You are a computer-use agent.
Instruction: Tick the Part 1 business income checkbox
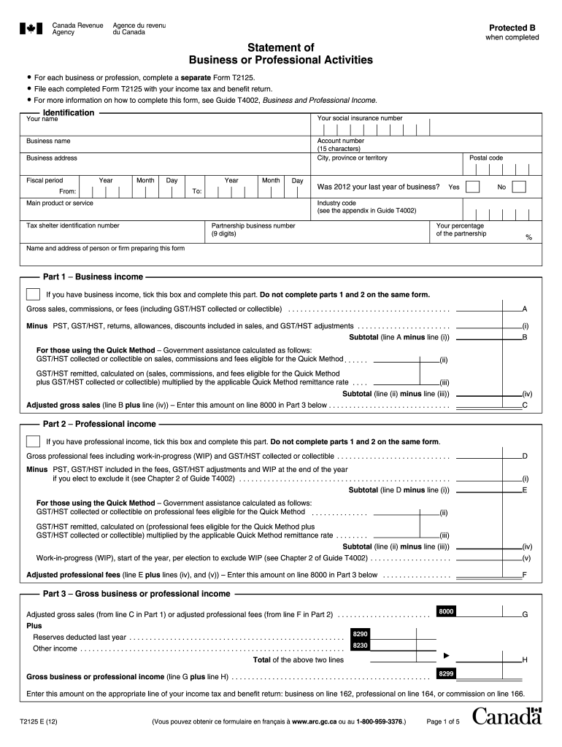click(33, 295)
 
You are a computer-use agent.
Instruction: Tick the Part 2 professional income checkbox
click(33, 441)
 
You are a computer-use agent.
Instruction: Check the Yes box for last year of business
click(472, 187)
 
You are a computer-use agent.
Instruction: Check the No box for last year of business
click(519, 187)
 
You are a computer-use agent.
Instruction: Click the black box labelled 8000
click(447, 611)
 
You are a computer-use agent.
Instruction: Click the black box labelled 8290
click(360, 635)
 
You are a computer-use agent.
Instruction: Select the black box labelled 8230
click(360, 646)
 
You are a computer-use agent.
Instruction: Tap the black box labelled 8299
click(447, 673)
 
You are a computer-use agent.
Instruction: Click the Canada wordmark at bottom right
click(507, 718)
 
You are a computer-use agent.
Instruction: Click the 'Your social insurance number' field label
click(359, 118)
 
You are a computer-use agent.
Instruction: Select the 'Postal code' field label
click(486, 158)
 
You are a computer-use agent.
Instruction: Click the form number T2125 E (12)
click(47, 722)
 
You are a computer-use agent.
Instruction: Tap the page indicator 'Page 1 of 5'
click(442, 722)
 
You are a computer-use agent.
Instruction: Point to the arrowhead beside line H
click(448, 655)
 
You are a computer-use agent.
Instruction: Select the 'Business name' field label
click(48, 141)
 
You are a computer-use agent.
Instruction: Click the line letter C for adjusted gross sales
click(524, 404)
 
